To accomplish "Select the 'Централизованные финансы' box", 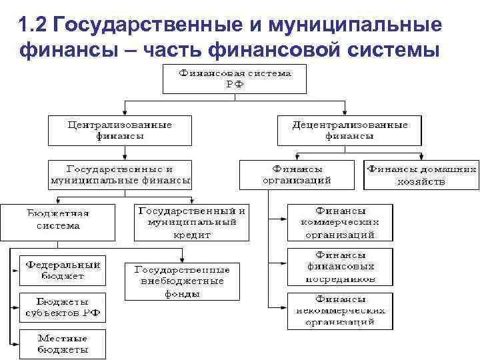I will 120,130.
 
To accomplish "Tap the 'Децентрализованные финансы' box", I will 350,130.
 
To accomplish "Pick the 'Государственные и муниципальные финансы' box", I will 120,174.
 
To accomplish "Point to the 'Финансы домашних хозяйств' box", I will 421,174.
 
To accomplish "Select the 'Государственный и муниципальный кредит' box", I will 191,222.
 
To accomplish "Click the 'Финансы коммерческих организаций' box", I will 340,222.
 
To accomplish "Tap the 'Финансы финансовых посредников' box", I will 340,267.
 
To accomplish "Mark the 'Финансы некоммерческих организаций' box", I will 340,311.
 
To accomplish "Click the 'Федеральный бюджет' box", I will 63,269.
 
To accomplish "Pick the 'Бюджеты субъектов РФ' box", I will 63,307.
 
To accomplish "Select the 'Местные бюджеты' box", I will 63,344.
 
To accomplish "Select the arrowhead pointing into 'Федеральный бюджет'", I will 16,271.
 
